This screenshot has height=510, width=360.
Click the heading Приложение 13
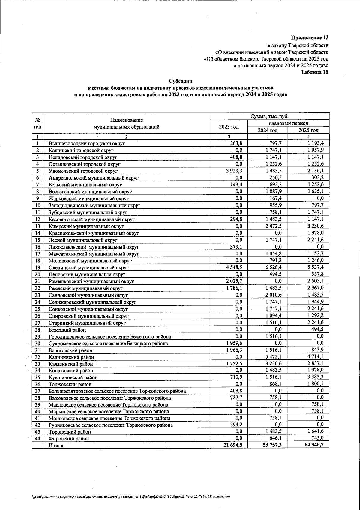tap(310, 38)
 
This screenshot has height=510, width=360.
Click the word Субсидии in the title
tap(180, 81)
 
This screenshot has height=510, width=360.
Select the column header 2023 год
tap(229, 127)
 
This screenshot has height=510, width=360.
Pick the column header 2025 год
tap(308, 130)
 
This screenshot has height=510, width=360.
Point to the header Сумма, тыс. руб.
tap(270, 116)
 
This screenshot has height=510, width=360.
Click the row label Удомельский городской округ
tap(83, 171)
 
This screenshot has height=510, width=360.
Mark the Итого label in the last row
tap(56, 445)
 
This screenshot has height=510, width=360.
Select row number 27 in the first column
tap(37, 323)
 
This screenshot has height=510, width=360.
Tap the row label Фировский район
tap(69, 438)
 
